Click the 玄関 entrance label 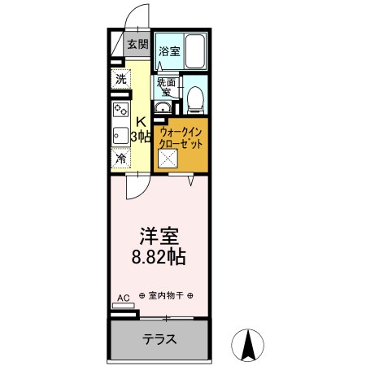137,45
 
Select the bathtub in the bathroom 195,51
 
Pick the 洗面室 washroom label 167,87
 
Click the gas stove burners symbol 120,108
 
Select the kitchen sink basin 119,136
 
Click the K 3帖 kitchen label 141,129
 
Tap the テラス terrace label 160,339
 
